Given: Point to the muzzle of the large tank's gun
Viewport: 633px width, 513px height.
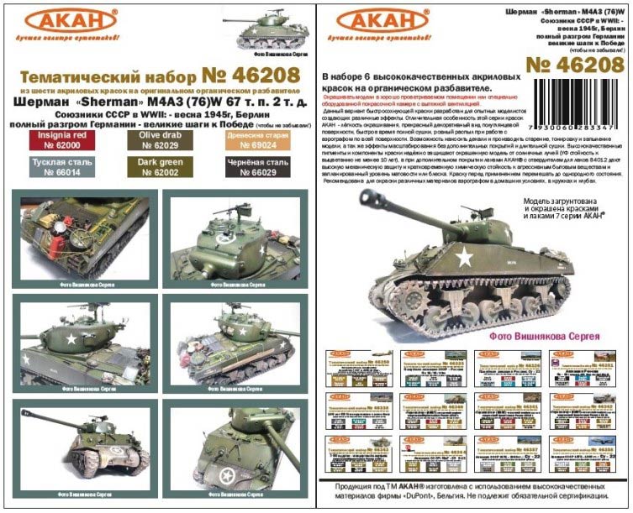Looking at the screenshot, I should (364, 195).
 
